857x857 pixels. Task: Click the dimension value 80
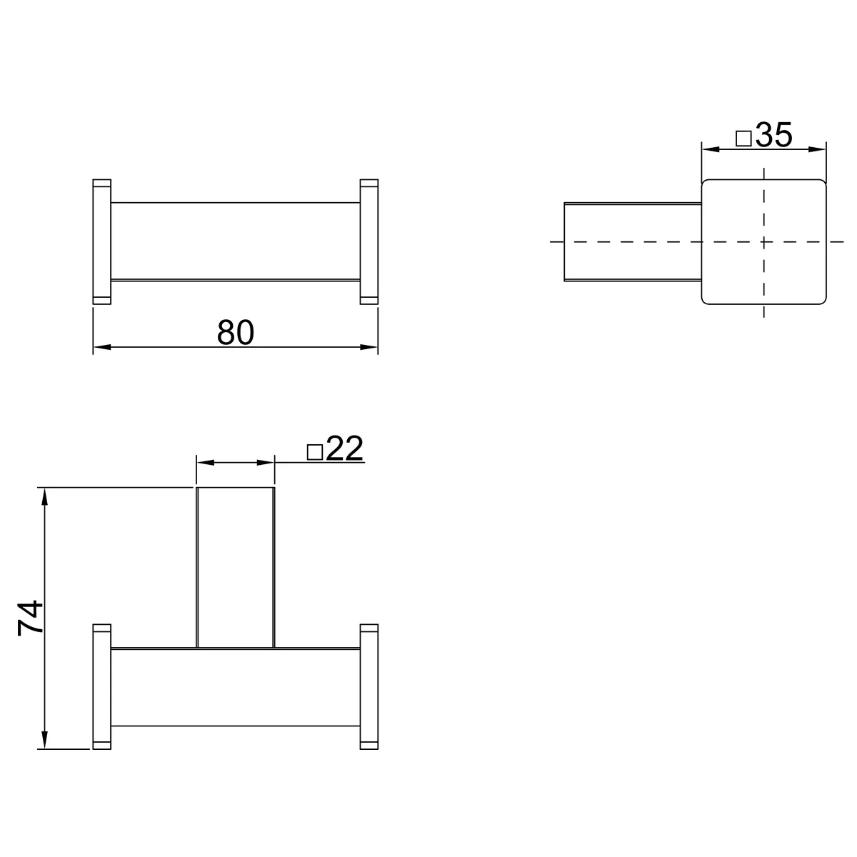[235, 332]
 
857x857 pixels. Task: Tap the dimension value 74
[30, 618]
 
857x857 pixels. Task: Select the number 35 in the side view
[774, 135]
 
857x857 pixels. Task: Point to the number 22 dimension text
[345, 448]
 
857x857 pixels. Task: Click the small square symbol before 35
[743, 139]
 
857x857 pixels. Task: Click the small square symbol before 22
[315, 452]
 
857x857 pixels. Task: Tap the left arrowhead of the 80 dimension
[102, 347]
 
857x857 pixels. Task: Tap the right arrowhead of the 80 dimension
[369, 347]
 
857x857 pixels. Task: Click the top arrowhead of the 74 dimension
[44, 496]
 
